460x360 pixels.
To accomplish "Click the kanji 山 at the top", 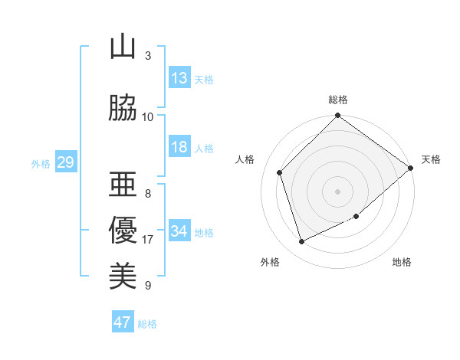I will tap(123, 47).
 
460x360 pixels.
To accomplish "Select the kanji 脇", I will tap(123, 109).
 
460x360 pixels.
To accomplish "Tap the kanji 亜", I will tap(123, 185).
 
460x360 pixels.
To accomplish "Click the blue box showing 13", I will tap(179, 78).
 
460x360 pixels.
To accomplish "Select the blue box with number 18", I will tap(179, 147).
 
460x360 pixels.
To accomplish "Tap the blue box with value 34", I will tap(179, 231).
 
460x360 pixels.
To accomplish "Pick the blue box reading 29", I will tap(65, 162).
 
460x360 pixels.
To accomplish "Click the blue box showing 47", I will tap(123, 322).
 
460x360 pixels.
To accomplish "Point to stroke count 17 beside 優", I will tap(148, 240).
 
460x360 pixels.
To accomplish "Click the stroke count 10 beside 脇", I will tap(148, 117).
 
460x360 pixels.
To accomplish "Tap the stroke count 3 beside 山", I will tap(148, 56).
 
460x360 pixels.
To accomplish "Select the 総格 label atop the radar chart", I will tap(338, 100).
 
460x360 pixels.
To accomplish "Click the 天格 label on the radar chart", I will tap(431, 159).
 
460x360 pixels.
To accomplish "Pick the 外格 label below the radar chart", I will tap(270, 262).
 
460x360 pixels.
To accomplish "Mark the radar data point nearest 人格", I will tap(280, 172).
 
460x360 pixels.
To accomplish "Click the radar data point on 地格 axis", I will tap(356, 217).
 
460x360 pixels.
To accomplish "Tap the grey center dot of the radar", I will tap(338, 191).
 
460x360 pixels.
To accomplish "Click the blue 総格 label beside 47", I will tap(147, 324).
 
